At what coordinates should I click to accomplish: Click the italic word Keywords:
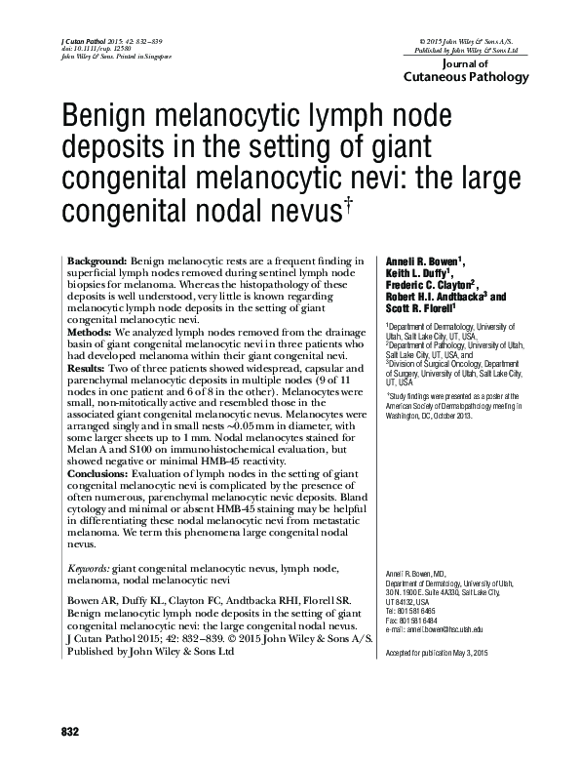coord(88,567)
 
